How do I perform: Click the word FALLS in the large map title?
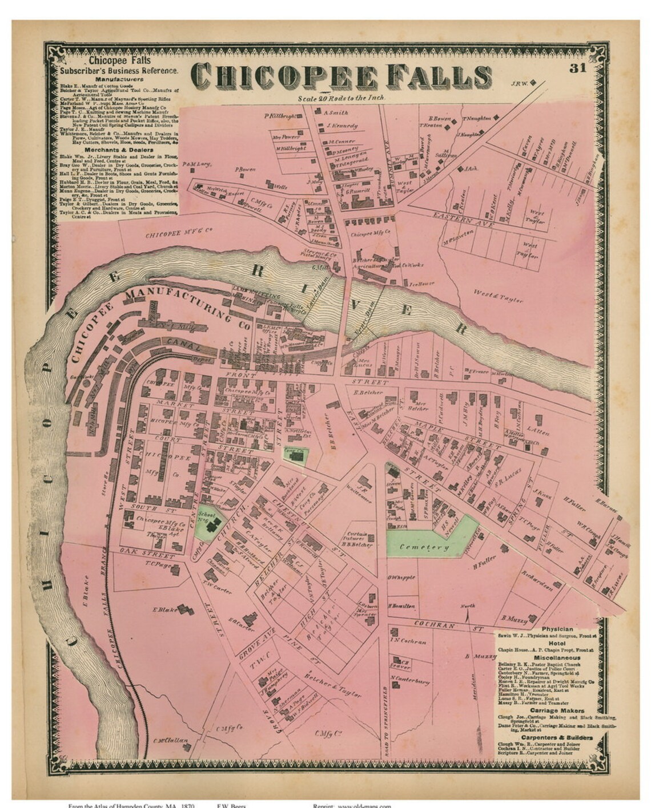(x=435, y=76)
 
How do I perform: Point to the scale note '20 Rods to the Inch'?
(x=341, y=98)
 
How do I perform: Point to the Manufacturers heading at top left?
(x=119, y=79)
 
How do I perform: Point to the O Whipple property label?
(x=401, y=577)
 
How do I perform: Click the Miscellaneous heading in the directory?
(x=557, y=657)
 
